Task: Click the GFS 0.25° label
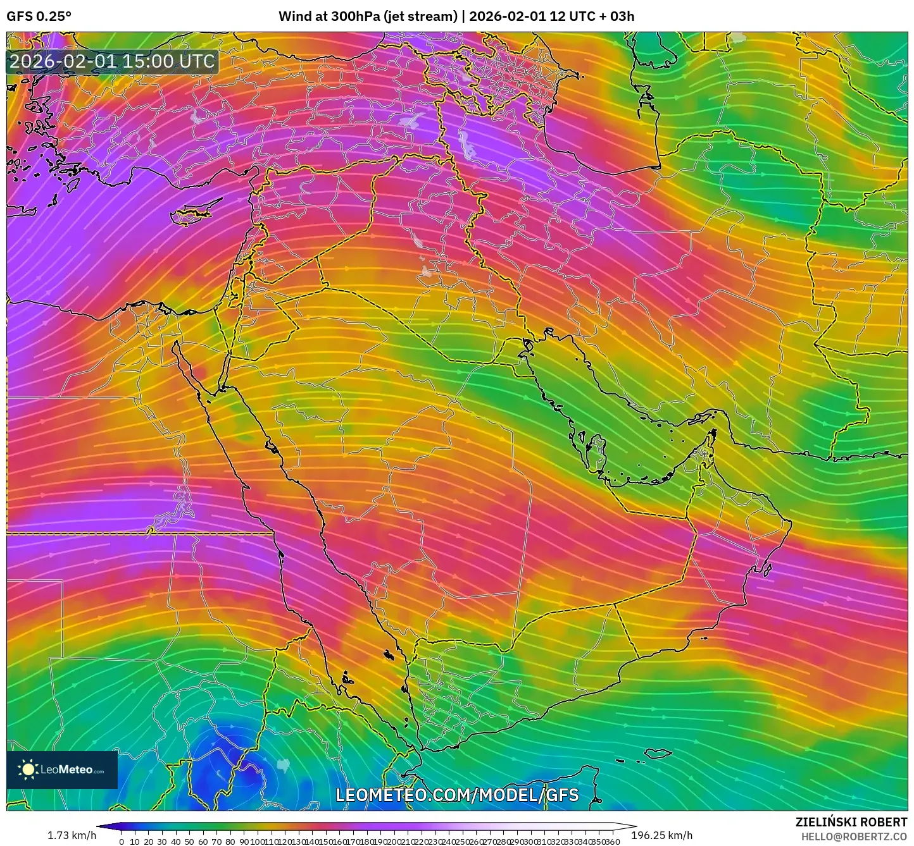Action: (39, 16)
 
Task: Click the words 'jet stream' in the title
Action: (420, 16)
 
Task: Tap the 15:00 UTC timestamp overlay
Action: (113, 61)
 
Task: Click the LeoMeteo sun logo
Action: (28, 769)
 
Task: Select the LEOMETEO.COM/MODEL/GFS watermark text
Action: (457, 795)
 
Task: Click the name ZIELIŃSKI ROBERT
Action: (851, 822)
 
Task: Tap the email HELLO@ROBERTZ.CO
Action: (854, 837)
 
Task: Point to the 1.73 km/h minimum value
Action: (72, 836)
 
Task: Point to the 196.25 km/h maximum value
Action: (661, 836)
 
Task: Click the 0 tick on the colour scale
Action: (121, 842)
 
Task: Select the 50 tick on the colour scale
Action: (189, 842)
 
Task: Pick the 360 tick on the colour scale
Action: (612, 842)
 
